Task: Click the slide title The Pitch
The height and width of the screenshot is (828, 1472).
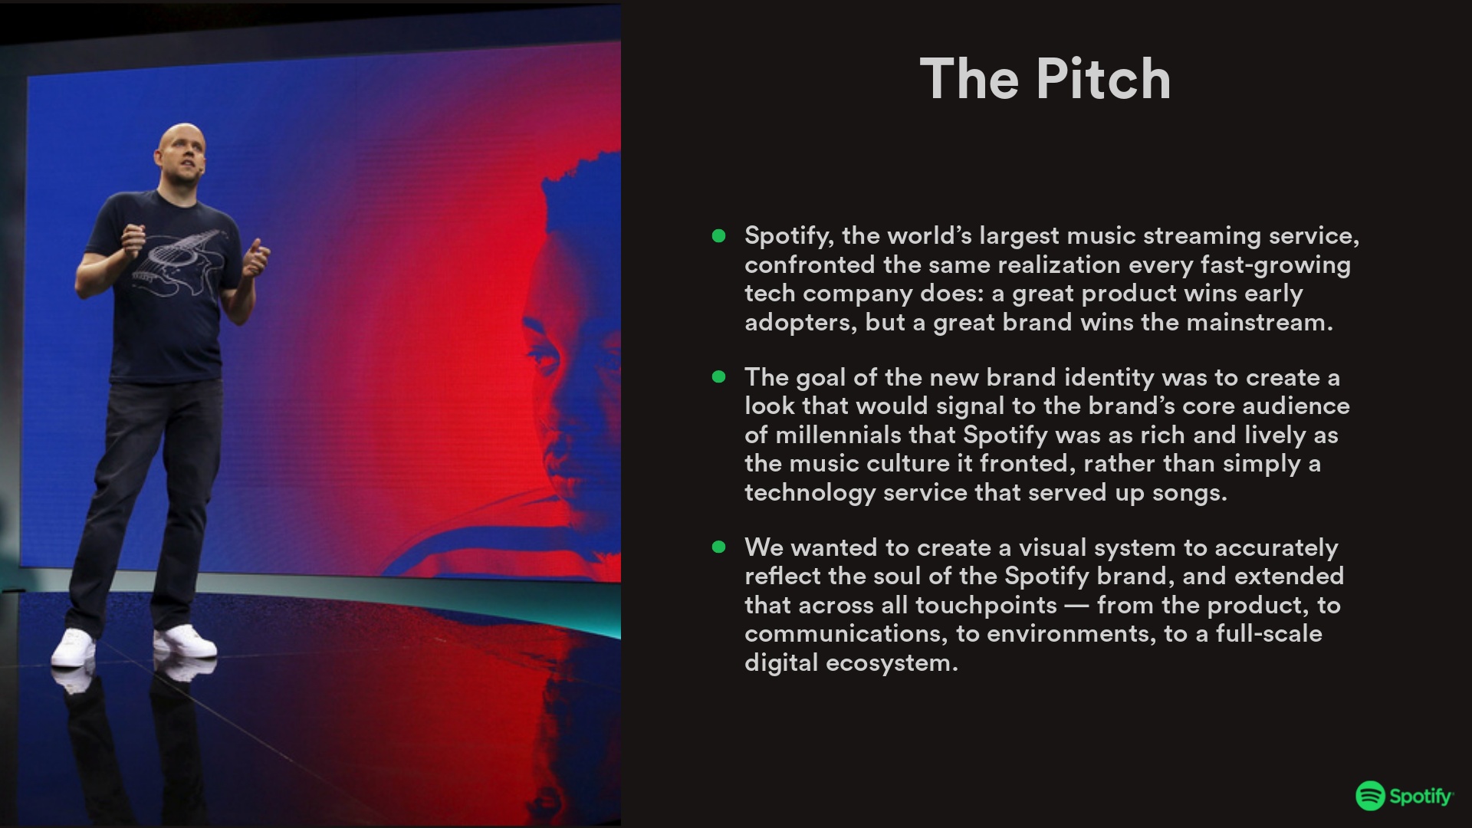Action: pos(1045,79)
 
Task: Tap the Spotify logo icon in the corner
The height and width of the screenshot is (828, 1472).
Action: pos(1370,796)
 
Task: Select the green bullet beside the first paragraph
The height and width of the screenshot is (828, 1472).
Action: pos(718,236)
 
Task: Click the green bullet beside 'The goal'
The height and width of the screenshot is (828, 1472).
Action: pos(718,376)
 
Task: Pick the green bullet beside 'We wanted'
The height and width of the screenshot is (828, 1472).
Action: pos(718,547)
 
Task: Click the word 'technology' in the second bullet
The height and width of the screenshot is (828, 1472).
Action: pos(810,492)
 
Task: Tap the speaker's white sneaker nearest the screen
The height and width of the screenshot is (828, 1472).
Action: pos(185,641)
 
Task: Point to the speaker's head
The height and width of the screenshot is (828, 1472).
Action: pos(179,153)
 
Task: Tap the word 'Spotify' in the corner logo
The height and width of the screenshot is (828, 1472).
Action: pos(1421,797)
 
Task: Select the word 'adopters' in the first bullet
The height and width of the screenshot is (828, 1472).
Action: pos(797,323)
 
